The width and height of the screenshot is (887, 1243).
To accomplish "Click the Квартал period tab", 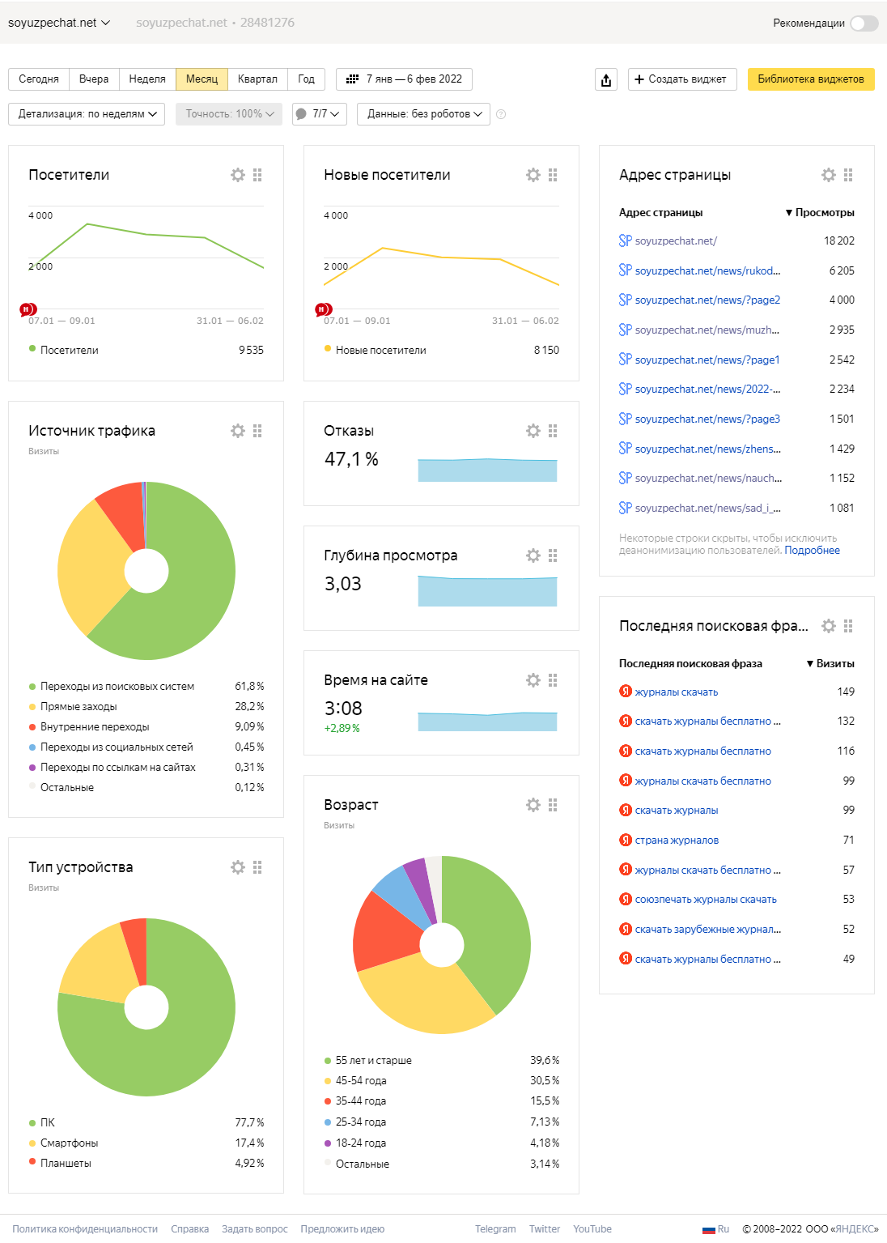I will (x=257, y=79).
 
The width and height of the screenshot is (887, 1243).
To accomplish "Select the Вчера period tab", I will (x=94, y=79).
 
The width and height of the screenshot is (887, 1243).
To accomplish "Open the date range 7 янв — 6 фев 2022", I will (x=404, y=79).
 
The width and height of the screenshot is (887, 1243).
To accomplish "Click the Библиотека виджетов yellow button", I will (x=810, y=79).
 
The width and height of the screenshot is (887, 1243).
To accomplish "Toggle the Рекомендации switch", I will (x=864, y=23).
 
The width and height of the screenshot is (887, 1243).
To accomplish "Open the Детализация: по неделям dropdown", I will (x=87, y=114).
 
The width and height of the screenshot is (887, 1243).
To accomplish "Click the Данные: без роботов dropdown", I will (x=424, y=114).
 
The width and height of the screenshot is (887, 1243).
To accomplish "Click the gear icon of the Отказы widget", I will (x=533, y=431).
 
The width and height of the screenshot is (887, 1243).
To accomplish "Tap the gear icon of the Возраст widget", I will (x=533, y=805).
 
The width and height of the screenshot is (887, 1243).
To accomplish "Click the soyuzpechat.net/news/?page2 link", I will (x=707, y=300).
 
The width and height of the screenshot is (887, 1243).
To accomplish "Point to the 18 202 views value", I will (x=838, y=241).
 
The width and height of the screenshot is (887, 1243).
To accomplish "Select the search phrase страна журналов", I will (x=677, y=841).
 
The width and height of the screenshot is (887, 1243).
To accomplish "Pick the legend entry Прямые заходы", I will (x=79, y=707).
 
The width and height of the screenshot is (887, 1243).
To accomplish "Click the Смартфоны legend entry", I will (x=69, y=1143).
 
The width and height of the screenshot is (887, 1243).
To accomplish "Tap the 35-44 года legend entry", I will (x=361, y=1101).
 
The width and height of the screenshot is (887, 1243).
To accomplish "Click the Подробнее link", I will (x=812, y=551).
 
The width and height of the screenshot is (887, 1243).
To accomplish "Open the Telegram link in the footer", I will (x=495, y=1229).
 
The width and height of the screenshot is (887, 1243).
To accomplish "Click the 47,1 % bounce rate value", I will (x=351, y=460).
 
